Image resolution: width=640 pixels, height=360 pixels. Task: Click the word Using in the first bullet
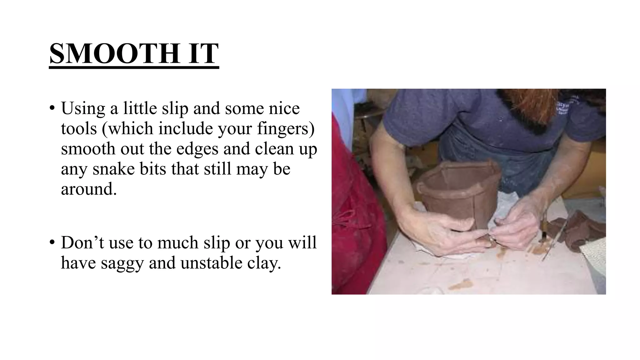tap(83, 109)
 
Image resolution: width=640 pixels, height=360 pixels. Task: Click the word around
tap(89, 189)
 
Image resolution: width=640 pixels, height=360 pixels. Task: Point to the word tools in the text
tap(79, 128)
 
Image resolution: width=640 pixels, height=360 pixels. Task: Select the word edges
tap(197, 149)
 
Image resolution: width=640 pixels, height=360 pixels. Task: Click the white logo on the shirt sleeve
tap(567, 106)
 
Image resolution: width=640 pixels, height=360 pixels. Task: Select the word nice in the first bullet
tap(284, 109)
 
